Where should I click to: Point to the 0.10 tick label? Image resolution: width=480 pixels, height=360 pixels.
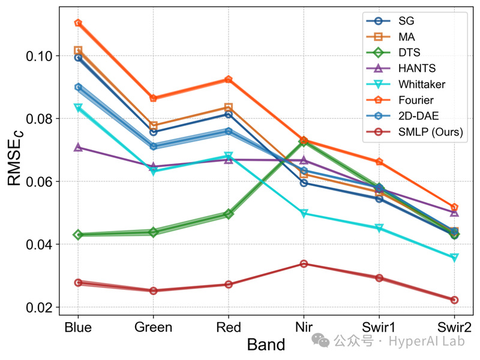[x=37, y=56]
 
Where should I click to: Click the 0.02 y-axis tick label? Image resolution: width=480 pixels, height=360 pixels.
[x=37, y=307]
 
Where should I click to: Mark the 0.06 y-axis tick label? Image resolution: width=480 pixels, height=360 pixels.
[x=37, y=181]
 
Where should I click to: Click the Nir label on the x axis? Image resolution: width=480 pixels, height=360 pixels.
[x=304, y=327]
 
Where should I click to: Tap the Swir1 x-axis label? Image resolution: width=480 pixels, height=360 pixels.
[x=379, y=327]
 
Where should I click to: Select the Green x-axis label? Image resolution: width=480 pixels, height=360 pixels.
[x=153, y=327]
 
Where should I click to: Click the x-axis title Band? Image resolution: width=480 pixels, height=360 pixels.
[x=265, y=344]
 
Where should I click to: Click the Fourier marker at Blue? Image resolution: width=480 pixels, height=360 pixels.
[x=78, y=23]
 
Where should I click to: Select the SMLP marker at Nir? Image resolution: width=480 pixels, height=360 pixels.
[x=304, y=263]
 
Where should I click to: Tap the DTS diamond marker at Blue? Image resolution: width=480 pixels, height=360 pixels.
[x=78, y=235]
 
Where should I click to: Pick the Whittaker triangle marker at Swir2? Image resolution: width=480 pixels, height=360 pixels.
[x=454, y=257]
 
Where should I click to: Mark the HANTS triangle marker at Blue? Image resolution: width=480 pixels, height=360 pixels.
[x=78, y=147]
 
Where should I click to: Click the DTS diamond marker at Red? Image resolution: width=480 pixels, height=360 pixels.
[x=228, y=214]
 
